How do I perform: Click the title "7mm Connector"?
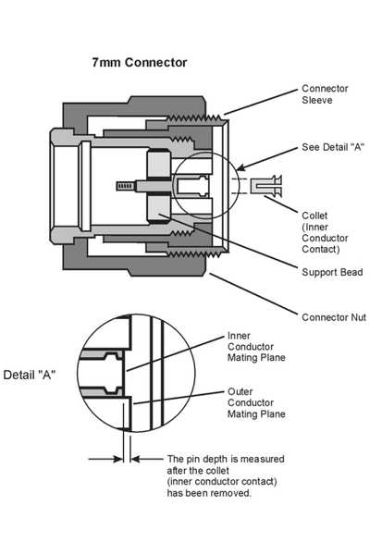(x=139, y=62)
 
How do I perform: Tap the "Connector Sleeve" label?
(x=326, y=95)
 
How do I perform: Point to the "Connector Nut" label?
(x=334, y=317)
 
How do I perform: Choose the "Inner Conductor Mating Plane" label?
(x=256, y=346)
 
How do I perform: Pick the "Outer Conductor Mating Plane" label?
(x=256, y=402)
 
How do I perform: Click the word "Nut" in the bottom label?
(x=357, y=317)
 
